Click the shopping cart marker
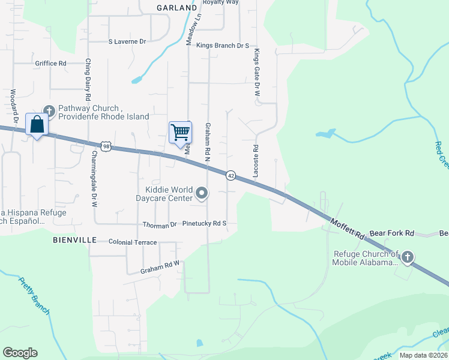[180, 132]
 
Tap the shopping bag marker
[37, 124]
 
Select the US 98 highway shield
[106, 146]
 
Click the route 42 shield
[231, 175]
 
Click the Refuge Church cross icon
[407, 257]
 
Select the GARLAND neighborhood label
[176, 8]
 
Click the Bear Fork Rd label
[392, 233]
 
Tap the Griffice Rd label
[50, 63]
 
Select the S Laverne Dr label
[127, 41]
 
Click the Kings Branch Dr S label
[222, 45]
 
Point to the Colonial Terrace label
[132, 242]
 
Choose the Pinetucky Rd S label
[205, 223]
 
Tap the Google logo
[20, 353]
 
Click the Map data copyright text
[423, 355]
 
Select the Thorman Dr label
[160, 224]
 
